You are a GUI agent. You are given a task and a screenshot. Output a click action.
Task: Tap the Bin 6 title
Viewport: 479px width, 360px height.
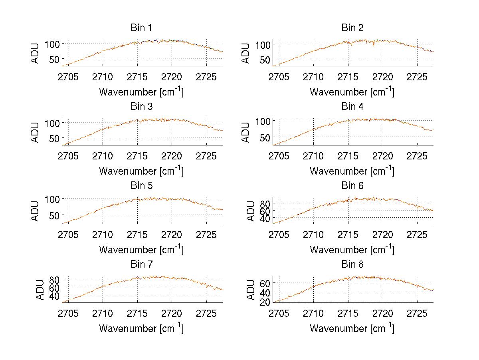(352, 186)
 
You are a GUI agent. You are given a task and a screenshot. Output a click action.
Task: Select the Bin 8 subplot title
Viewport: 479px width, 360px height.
(352, 265)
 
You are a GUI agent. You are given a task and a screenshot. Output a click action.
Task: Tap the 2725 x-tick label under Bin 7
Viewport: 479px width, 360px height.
(206, 313)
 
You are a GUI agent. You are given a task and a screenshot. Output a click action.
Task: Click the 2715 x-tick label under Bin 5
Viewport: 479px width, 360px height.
(137, 234)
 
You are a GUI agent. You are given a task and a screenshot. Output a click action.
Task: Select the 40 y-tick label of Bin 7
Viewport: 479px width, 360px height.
(55, 296)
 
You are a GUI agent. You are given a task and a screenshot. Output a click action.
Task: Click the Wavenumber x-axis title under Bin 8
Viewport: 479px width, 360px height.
(352, 328)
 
